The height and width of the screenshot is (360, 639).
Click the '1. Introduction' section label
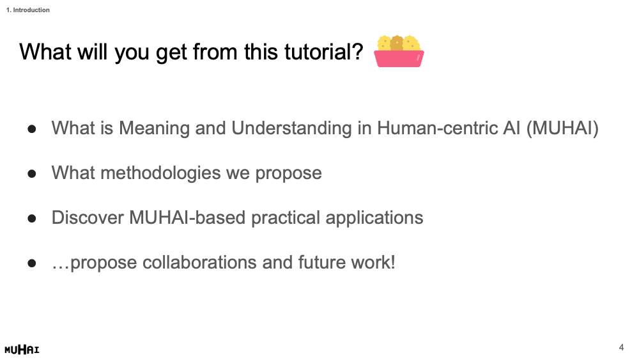pyautogui.click(x=27, y=10)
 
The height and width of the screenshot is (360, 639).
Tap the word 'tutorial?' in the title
pyautogui.click(x=323, y=52)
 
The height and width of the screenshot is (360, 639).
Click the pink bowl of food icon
pyautogui.click(x=399, y=51)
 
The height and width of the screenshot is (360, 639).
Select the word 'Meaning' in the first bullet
pyautogui.click(x=154, y=129)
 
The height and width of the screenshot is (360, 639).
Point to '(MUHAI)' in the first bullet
pyautogui.click(x=562, y=129)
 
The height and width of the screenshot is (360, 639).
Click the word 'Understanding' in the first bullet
pyautogui.click(x=291, y=129)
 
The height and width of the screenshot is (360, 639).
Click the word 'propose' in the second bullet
pyautogui.click(x=289, y=174)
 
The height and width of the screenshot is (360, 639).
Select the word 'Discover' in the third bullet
pyautogui.click(x=88, y=217)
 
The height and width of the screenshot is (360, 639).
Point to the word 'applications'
pyautogui.click(x=374, y=218)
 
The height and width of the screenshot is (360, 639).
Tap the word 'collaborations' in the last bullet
pyautogui.click(x=199, y=263)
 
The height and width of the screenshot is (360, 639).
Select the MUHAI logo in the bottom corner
pyautogui.click(x=22, y=349)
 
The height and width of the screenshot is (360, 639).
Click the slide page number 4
pyautogui.click(x=621, y=347)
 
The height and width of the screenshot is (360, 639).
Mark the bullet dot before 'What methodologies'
pyautogui.click(x=32, y=174)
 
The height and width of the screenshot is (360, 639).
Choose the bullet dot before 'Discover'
pyautogui.click(x=32, y=219)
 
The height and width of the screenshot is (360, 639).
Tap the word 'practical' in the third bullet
pyautogui.click(x=285, y=218)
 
